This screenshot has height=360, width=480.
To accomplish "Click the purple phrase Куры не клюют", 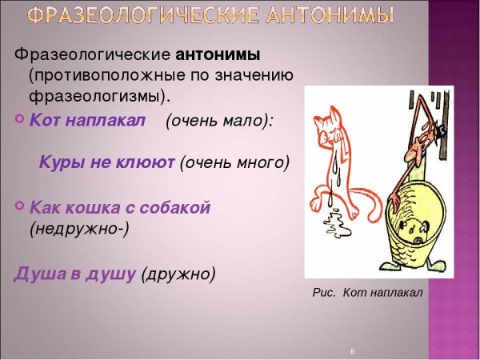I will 106,162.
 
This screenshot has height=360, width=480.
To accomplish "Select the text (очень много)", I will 234,162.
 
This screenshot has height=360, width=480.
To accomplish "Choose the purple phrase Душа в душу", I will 75,274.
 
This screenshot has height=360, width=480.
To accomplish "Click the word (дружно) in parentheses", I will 178,274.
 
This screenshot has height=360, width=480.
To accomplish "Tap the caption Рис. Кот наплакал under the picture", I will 367,293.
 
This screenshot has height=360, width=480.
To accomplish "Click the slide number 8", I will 353,351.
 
